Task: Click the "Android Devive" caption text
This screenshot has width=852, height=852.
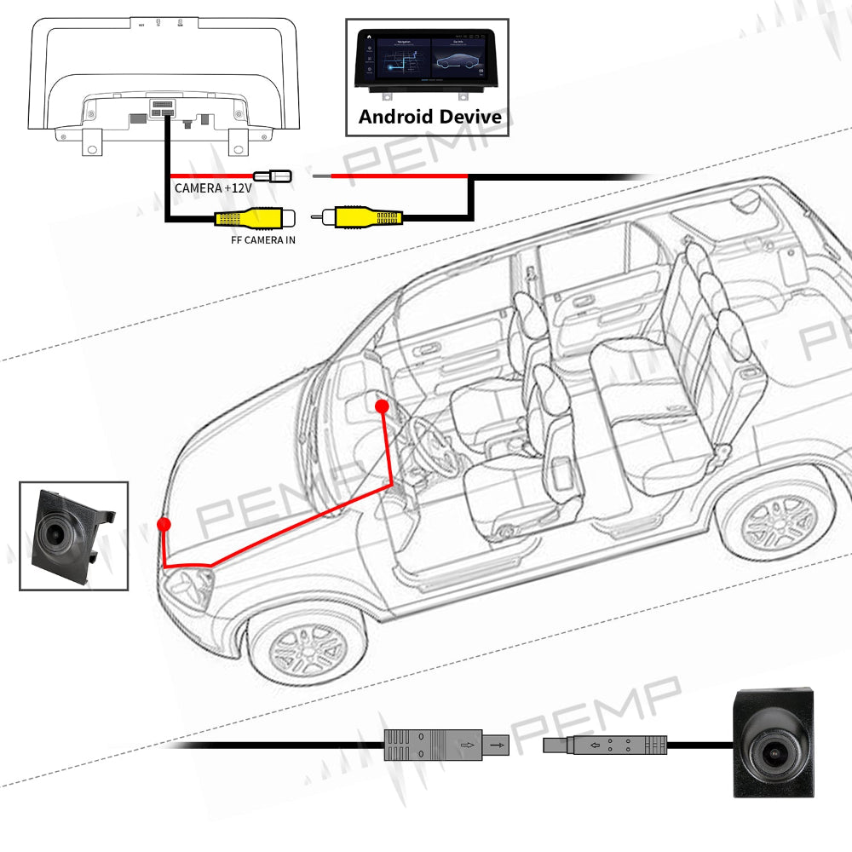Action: click(x=430, y=117)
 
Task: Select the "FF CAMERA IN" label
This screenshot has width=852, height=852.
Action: click(x=263, y=240)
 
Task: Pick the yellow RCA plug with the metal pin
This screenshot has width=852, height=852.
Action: click(x=362, y=218)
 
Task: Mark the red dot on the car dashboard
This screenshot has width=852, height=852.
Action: click(x=382, y=406)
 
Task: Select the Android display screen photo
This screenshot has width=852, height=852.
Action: click(x=429, y=63)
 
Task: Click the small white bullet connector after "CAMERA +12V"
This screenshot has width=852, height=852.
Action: click(x=274, y=176)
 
